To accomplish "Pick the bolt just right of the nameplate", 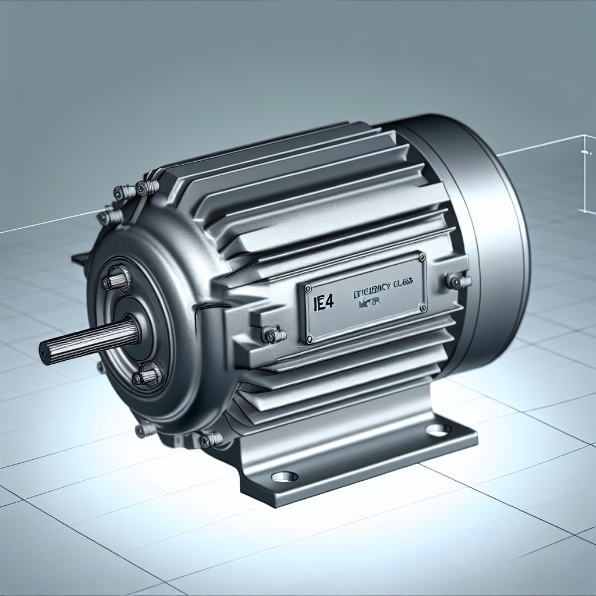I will [458, 282].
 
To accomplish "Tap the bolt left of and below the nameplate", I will [274, 335].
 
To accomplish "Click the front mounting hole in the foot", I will [285, 477].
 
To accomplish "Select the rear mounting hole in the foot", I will [438, 430].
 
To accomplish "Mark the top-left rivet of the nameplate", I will [306, 288].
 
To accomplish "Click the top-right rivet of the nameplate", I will [421, 257].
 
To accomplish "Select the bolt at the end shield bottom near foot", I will [210, 439].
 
